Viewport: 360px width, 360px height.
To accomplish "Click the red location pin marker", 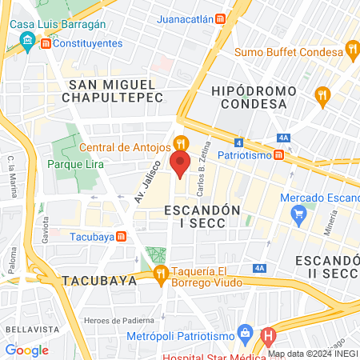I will coord(180,165).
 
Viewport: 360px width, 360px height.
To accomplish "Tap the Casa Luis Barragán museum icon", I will coord(29,42).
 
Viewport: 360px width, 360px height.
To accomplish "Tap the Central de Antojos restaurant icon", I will coord(182,144).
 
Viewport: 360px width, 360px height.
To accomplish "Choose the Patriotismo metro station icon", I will coord(278,154).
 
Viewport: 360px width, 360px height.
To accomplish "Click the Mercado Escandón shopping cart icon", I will coord(299,214).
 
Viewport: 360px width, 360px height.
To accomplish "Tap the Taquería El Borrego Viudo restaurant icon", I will coord(162,275).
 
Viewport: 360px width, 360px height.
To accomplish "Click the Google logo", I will coord(26,350).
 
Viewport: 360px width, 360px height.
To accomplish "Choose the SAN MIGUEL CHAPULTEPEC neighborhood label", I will coord(116,90).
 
